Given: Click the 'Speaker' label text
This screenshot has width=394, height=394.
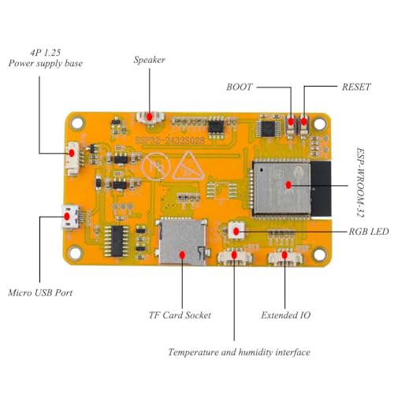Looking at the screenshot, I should (x=150, y=60).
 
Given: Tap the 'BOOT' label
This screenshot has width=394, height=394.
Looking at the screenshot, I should (x=240, y=87).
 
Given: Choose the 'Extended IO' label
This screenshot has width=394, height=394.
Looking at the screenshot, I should (x=285, y=315).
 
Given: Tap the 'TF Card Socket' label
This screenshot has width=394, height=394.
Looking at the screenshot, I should (x=180, y=315).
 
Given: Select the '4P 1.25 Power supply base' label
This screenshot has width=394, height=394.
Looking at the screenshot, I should (x=44, y=58).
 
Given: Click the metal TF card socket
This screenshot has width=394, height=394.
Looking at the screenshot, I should (x=179, y=240).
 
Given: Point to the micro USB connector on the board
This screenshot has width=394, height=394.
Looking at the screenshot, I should (x=72, y=214).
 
